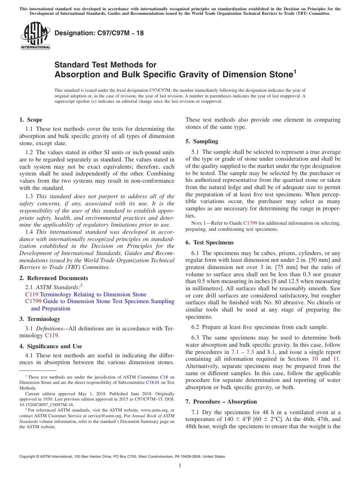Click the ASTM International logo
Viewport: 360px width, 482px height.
coord(35,36)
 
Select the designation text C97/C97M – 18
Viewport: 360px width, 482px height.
coord(99,33)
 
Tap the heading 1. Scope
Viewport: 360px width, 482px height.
coord(31,120)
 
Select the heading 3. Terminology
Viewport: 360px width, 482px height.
coord(40,319)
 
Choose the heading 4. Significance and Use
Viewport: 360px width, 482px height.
coord(51,346)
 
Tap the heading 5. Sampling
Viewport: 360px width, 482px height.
coord(202,141)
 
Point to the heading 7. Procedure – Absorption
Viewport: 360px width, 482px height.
coord(221,402)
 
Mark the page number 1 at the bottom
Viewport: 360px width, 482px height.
coord(180,466)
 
